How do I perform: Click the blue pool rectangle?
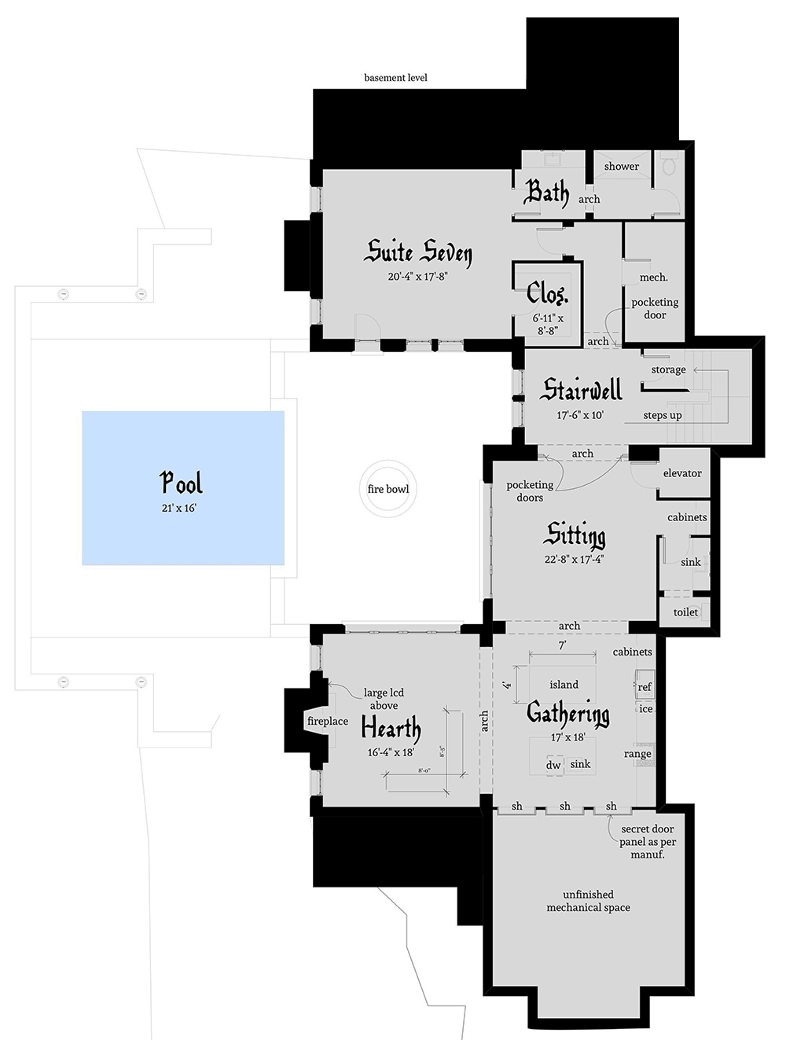pyautogui.click(x=183, y=487)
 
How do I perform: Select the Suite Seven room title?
pyautogui.click(x=420, y=252)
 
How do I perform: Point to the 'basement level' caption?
pyautogui.click(x=395, y=78)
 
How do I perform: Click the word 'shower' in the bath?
pyautogui.click(x=621, y=167)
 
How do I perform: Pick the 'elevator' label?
pyautogui.click(x=682, y=473)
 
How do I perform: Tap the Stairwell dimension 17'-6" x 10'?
pyautogui.click(x=580, y=415)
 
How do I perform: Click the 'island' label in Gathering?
pyautogui.click(x=564, y=684)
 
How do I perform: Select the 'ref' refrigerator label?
pyautogui.click(x=645, y=686)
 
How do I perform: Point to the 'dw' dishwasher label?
pyautogui.click(x=553, y=765)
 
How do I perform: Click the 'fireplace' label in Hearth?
pyautogui.click(x=328, y=721)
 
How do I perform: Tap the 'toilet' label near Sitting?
pyautogui.click(x=685, y=612)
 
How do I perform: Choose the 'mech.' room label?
pyautogui.click(x=654, y=277)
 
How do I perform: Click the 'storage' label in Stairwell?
pyautogui.click(x=668, y=369)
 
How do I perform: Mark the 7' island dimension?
pyautogui.click(x=562, y=645)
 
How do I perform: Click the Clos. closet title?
pyautogui.click(x=547, y=294)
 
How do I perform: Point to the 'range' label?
pyautogui.click(x=637, y=753)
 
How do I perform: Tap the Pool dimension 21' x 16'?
pyautogui.click(x=179, y=509)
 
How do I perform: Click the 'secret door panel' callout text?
pyautogui.click(x=647, y=841)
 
